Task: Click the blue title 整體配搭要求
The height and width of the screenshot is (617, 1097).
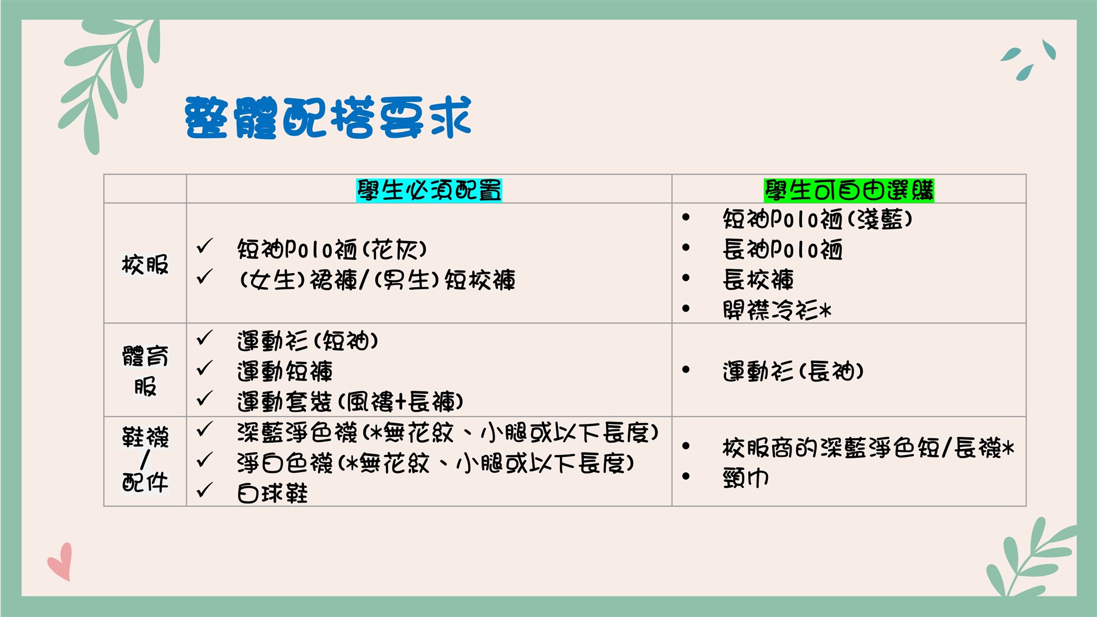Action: (328, 117)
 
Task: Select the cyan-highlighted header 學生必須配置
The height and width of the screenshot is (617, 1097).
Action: (429, 190)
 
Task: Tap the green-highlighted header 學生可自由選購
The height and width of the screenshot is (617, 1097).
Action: (849, 190)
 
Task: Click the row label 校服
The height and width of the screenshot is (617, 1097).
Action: (145, 264)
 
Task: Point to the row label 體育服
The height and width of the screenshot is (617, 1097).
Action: (145, 371)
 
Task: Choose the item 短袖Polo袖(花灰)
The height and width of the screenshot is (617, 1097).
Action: (332, 250)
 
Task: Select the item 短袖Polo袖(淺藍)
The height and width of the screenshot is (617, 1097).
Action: (818, 219)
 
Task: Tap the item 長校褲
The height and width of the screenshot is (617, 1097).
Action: (758, 280)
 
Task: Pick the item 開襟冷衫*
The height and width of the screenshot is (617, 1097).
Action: (777, 310)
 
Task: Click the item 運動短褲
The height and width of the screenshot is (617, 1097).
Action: (285, 371)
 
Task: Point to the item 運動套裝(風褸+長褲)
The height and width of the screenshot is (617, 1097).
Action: (350, 401)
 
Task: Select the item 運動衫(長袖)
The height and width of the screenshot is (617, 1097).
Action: (793, 371)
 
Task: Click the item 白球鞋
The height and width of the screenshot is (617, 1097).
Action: (273, 493)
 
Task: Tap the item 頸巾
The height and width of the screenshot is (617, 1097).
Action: (746, 478)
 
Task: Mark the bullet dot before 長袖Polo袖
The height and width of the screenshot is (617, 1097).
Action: (686, 248)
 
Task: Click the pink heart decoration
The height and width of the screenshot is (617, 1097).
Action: (60, 562)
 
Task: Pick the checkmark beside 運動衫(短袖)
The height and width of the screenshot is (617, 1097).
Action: (205, 338)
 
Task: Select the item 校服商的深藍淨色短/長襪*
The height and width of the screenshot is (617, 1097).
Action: (868, 448)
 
